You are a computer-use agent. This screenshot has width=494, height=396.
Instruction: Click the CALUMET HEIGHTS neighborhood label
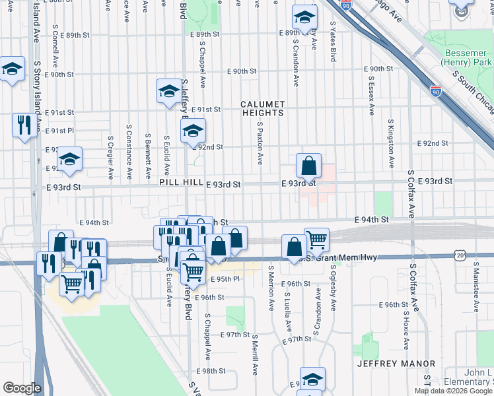tap(262, 109)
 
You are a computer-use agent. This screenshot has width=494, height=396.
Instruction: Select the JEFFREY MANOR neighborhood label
tap(396, 364)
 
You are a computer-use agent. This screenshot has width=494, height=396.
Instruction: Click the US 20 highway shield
tap(460, 255)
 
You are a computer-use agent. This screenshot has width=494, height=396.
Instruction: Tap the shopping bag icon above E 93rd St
tap(308, 166)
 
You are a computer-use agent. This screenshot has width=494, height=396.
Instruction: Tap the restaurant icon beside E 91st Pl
tap(24, 125)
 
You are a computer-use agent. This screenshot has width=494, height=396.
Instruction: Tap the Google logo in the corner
tap(21, 387)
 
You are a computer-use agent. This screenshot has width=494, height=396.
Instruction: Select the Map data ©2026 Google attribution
tap(453, 391)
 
